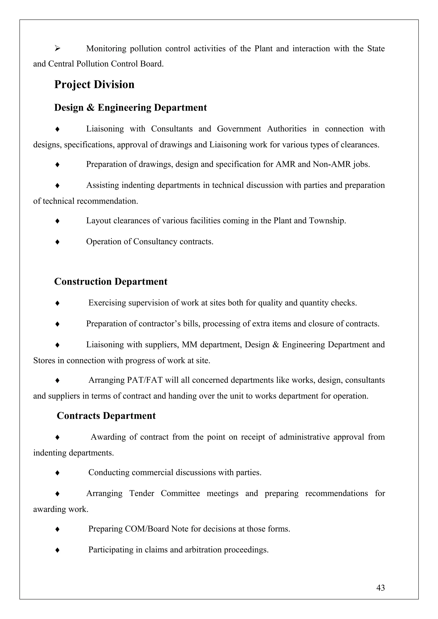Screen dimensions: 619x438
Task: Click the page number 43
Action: (x=380, y=588)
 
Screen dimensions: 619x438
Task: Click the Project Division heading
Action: (x=94, y=85)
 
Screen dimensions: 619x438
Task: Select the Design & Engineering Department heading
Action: (x=130, y=108)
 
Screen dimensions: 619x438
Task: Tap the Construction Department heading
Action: (x=111, y=282)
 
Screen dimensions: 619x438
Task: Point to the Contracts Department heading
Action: (x=106, y=416)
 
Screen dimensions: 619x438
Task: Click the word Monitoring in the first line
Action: (x=106, y=49)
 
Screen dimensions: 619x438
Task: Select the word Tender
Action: (x=141, y=493)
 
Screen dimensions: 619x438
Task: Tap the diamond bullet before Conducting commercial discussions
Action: (x=57, y=473)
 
